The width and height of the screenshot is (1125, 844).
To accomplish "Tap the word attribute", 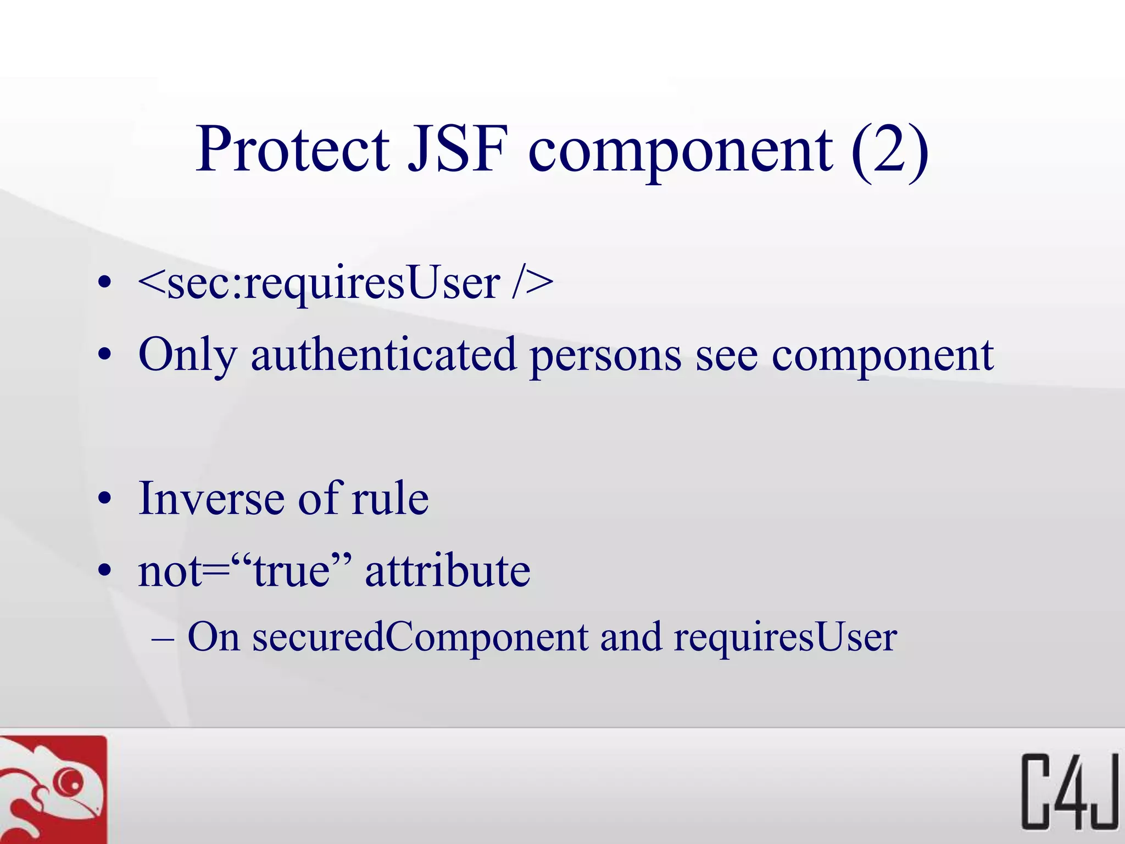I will coord(448,571).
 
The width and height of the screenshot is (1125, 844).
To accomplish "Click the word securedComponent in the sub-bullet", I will coord(420,637).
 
